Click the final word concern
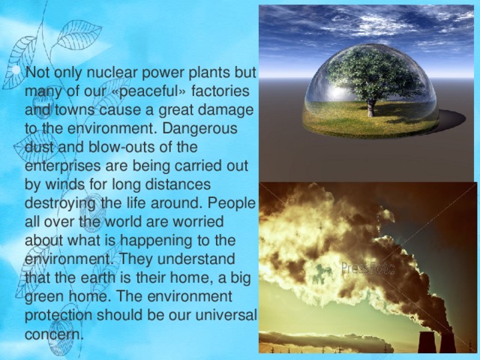point(53,333)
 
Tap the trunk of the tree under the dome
point(370,107)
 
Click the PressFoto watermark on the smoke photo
point(369,267)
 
